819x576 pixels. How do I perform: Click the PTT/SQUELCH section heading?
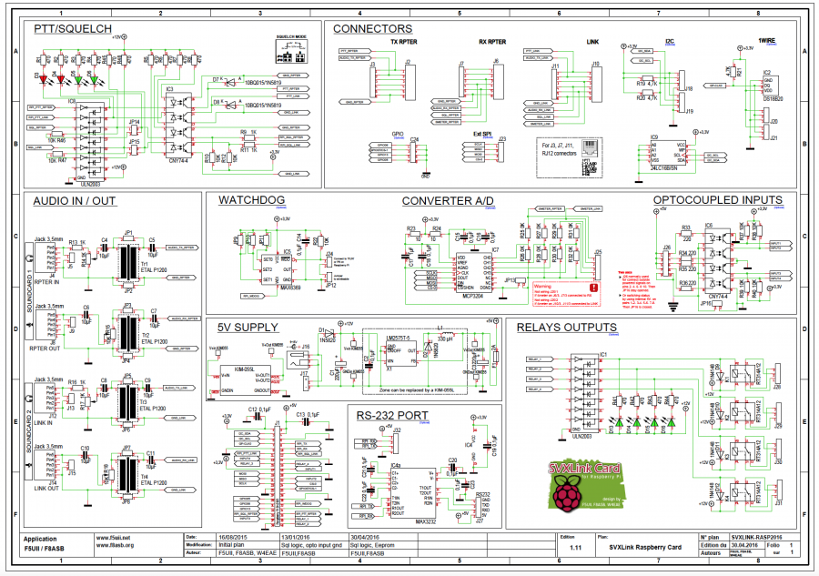point(73,30)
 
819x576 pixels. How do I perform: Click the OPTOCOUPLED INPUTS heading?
point(717,200)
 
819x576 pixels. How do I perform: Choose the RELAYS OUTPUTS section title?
point(566,328)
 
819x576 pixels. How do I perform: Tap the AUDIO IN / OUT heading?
point(75,200)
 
